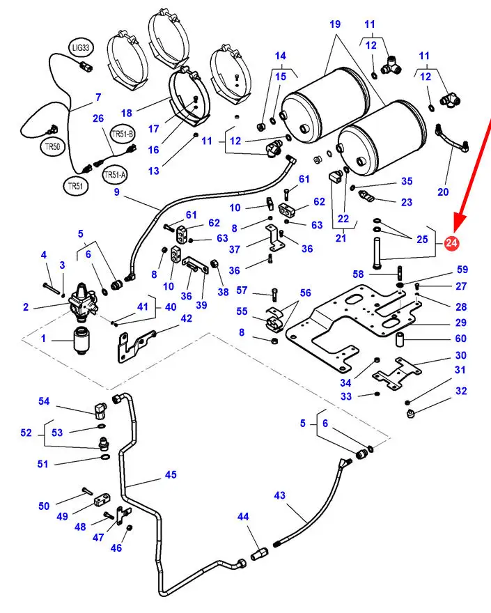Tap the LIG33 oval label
(x=81, y=48)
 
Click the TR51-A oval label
(x=115, y=175)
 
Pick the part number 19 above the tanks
(x=335, y=24)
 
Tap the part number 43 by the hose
(x=279, y=496)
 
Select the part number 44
(x=243, y=517)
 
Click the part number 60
(x=460, y=339)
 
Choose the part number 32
(x=461, y=391)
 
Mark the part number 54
(x=44, y=401)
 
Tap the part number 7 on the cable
(x=98, y=98)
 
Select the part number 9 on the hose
(x=116, y=192)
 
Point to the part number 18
(x=126, y=112)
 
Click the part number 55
(x=241, y=311)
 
